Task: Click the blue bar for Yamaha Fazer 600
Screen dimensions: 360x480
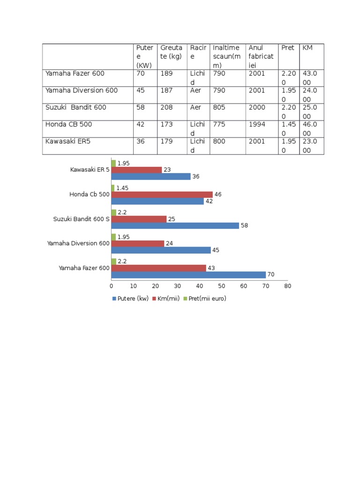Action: click(188, 275)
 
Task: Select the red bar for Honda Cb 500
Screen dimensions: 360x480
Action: click(162, 195)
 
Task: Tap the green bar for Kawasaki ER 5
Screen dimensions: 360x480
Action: click(113, 163)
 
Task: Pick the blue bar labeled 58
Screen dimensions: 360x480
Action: click(175, 225)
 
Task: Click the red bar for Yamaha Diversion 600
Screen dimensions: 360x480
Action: click(138, 243)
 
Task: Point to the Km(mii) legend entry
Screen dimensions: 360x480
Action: click(166, 299)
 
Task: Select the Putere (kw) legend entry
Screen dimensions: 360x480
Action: click(130, 299)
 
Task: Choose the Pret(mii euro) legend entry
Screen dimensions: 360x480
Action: click(205, 299)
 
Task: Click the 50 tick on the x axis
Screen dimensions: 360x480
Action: click(222, 286)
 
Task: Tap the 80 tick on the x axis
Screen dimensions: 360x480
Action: click(288, 286)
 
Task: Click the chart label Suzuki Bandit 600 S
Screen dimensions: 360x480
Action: click(81, 219)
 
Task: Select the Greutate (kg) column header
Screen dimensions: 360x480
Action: click(172, 52)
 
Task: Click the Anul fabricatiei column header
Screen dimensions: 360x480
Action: click(261, 56)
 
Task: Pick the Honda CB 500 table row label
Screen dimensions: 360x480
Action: click(68, 124)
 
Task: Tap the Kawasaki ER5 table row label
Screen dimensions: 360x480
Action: click(67, 141)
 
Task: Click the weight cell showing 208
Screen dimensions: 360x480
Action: click(166, 107)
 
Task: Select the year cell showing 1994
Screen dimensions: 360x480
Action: click(257, 124)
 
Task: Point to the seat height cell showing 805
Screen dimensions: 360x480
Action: click(219, 107)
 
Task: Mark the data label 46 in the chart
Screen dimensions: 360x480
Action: click(218, 195)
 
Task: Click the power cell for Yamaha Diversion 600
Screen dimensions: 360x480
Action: click(141, 90)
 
